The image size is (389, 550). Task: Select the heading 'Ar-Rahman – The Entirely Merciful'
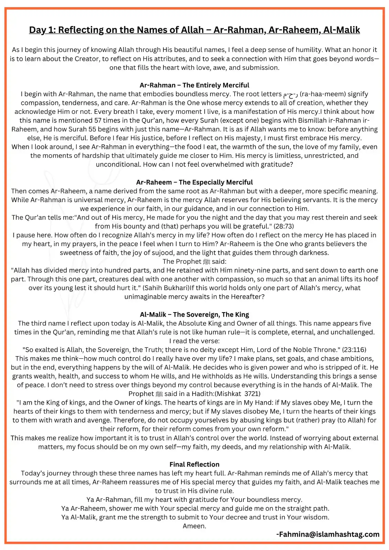click(194, 85)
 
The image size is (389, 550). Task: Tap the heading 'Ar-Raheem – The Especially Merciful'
click(194, 182)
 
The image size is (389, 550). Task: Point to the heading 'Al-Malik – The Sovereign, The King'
click(194, 315)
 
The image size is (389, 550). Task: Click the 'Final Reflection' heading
click(194, 464)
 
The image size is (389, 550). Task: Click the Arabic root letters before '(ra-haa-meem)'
click(291, 95)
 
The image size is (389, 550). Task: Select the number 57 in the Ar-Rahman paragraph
click(98, 120)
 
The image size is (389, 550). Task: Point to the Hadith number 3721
click(252, 394)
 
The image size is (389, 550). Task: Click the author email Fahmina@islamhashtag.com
click(328, 534)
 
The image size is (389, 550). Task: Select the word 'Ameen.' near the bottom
click(194, 526)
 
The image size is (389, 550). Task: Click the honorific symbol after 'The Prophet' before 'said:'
click(206, 262)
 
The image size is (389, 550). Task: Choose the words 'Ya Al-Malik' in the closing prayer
click(79, 517)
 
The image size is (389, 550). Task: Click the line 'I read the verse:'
click(194, 341)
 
